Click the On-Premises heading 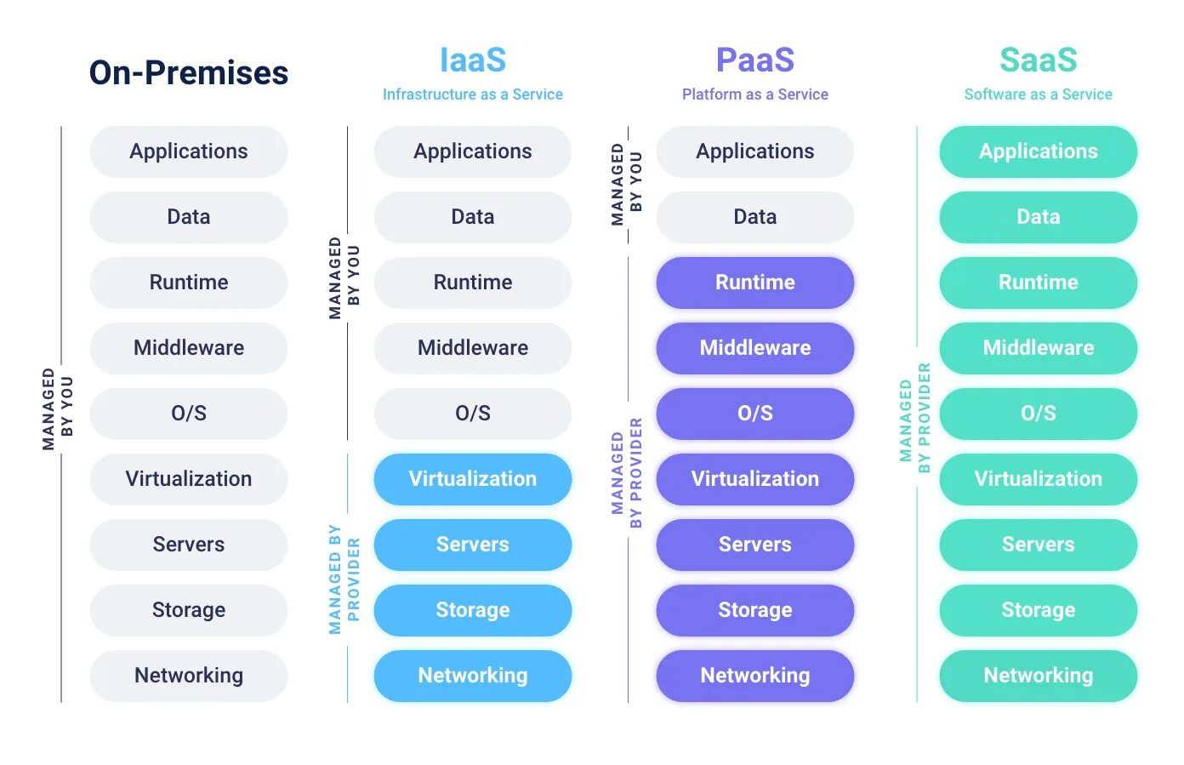189,73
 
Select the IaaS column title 473,60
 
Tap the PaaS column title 755,60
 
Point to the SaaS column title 1038,60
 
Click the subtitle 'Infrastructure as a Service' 473,94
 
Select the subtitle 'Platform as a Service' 755,94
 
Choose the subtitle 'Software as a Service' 1038,94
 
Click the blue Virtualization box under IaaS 473,479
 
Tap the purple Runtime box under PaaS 755,283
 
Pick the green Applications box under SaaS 1038,151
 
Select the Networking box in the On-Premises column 189,676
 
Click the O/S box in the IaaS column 473,414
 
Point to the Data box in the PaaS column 755,217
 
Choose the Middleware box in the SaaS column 1038,348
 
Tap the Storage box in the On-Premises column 189,610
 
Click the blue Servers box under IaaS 473,545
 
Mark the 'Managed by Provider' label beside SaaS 915,418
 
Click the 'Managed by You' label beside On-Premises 58,408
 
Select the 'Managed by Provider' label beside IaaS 344,579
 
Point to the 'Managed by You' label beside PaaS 627,184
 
